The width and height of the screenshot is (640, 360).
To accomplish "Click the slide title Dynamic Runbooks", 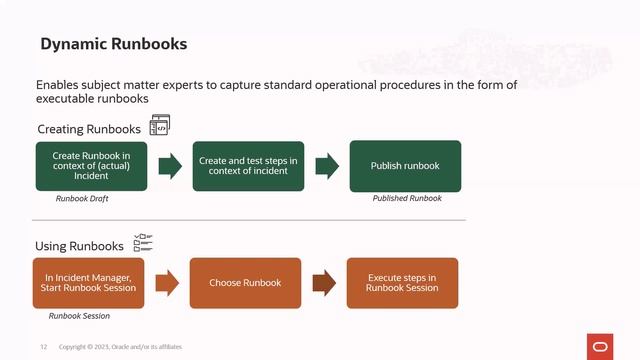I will pyautogui.click(x=113, y=45).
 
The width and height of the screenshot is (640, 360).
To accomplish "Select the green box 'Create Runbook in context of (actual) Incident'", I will pyautogui.click(x=91, y=166).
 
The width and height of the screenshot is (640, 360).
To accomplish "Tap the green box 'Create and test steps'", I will pyautogui.click(x=248, y=166).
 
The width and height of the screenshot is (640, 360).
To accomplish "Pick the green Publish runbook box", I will pyautogui.click(x=405, y=166).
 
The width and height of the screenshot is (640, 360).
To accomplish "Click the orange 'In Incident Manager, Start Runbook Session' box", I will pyautogui.click(x=89, y=283).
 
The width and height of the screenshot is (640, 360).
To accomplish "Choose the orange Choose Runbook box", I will pyautogui.click(x=245, y=283).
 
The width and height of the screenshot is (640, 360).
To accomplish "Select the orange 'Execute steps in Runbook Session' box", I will pyautogui.click(x=402, y=283).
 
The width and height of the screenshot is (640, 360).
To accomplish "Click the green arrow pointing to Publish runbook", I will pyautogui.click(x=327, y=166).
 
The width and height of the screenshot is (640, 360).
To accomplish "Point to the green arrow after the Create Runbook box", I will pyautogui.click(x=170, y=166).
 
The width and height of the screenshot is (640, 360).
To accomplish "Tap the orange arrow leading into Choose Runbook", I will pyautogui.click(x=167, y=283).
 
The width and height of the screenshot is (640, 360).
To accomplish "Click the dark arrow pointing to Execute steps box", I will pyautogui.click(x=324, y=283).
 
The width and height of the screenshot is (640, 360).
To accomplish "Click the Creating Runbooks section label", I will pyautogui.click(x=89, y=130).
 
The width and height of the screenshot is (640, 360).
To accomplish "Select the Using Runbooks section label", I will pyautogui.click(x=80, y=246).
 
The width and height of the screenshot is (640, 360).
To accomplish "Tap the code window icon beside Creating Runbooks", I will pyautogui.click(x=160, y=125).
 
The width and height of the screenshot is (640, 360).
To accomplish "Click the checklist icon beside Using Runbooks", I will pyautogui.click(x=143, y=243).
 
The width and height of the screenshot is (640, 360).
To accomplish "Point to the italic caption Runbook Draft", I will pyautogui.click(x=82, y=199).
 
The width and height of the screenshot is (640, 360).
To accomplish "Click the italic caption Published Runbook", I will pyautogui.click(x=407, y=199).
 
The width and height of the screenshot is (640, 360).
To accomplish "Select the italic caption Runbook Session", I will pyautogui.click(x=79, y=316).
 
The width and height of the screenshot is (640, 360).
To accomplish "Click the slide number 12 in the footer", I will pyautogui.click(x=44, y=347).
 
